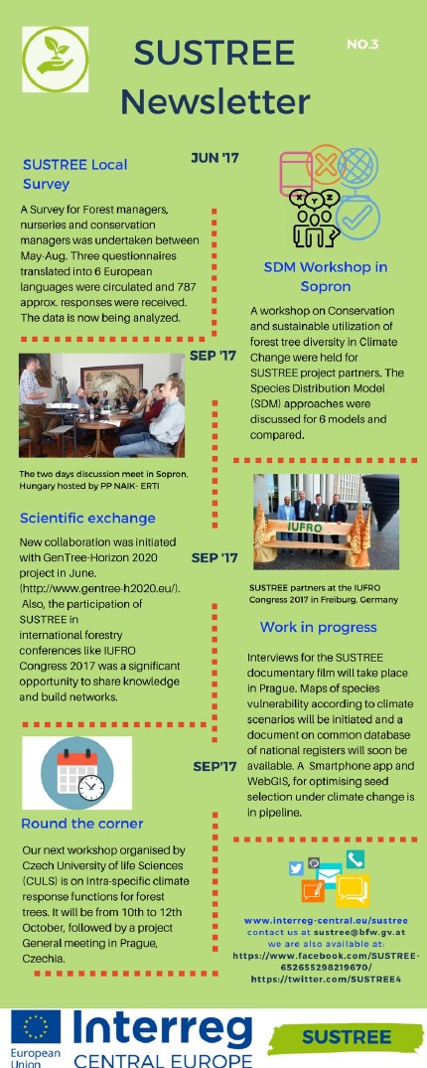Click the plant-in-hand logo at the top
coord(56,60)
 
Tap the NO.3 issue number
coord(362,45)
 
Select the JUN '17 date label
coord(214,158)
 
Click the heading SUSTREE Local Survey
coord(74,174)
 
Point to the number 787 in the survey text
coord(186,287)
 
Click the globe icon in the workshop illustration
coord(357,167)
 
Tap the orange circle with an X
coord(328,164)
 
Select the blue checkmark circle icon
coord(357,217)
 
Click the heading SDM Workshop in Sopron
coord(326,276)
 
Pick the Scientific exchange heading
coord(87,519)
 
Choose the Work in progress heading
coord(318,627)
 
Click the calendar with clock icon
coord(76,773)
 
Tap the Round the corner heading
coord(82,824)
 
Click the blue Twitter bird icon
coord(296,867)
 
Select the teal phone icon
coord(355,859)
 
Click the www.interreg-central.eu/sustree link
coord(326,921)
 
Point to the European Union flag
coord(36,1028)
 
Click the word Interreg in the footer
coord(162,1030)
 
